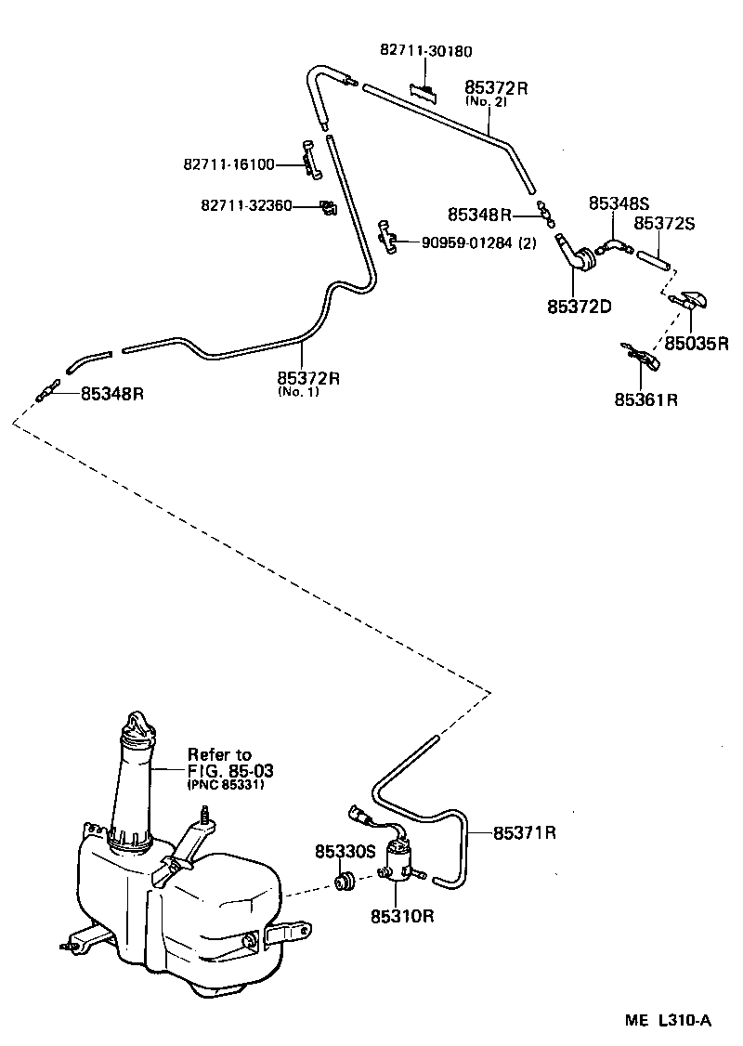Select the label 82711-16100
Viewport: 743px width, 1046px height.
[x=228, y=164]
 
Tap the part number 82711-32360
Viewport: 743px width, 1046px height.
[x=244, y=204]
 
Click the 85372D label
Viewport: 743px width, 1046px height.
[x=579, y=305]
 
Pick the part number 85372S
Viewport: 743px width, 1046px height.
[x=665, y=223]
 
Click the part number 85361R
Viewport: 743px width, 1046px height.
[x=645, y=400]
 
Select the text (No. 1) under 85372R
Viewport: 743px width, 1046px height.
[x=296, y=392]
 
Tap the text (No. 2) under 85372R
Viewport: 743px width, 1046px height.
[x=487, y=101]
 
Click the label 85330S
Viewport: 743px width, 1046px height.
[x=344, y=851]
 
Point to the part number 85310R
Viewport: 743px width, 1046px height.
[x=402, y=916]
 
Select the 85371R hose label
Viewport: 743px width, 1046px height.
[x=524, y=832]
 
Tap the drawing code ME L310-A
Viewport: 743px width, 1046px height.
[x=668, y=1020]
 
